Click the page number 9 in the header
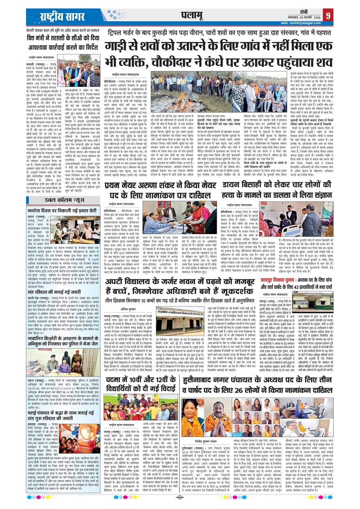click(328, 16)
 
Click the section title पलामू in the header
click(191, 16)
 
